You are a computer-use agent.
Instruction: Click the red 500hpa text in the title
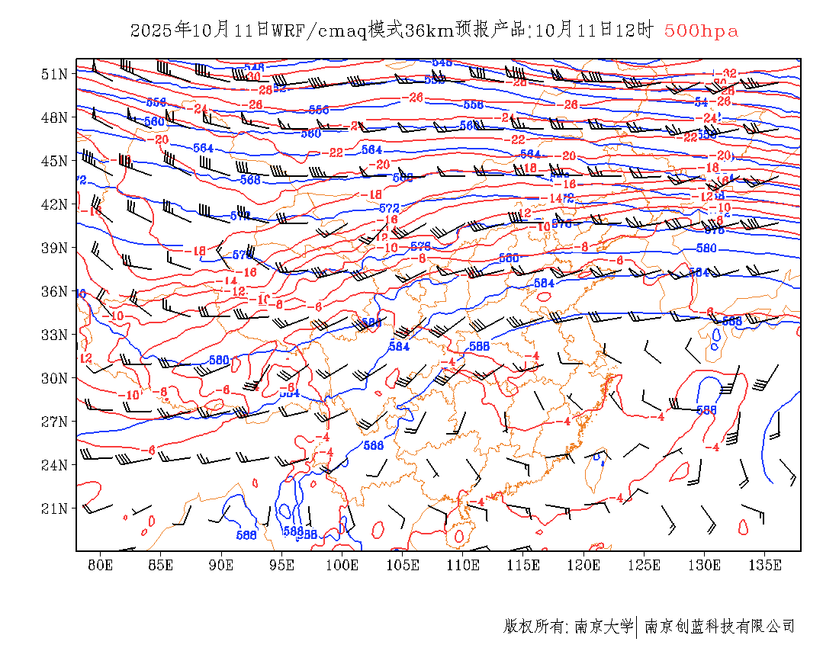point(701,31)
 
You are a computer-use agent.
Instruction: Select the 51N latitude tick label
point(54,74)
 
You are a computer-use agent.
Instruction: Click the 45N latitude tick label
point(54,161)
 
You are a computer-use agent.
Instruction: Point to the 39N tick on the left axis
point(54,248)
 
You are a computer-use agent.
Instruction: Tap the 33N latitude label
point(54,335)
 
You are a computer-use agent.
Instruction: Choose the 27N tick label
point(54,422)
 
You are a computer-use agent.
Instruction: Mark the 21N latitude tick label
point(54,508)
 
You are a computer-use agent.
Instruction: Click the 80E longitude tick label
point(101,566)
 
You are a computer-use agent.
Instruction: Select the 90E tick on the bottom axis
point(221,566)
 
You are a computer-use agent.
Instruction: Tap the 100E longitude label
point(342,566)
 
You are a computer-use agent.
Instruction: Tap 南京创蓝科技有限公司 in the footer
point(719,627)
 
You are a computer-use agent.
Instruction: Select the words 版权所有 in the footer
point(533,627)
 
